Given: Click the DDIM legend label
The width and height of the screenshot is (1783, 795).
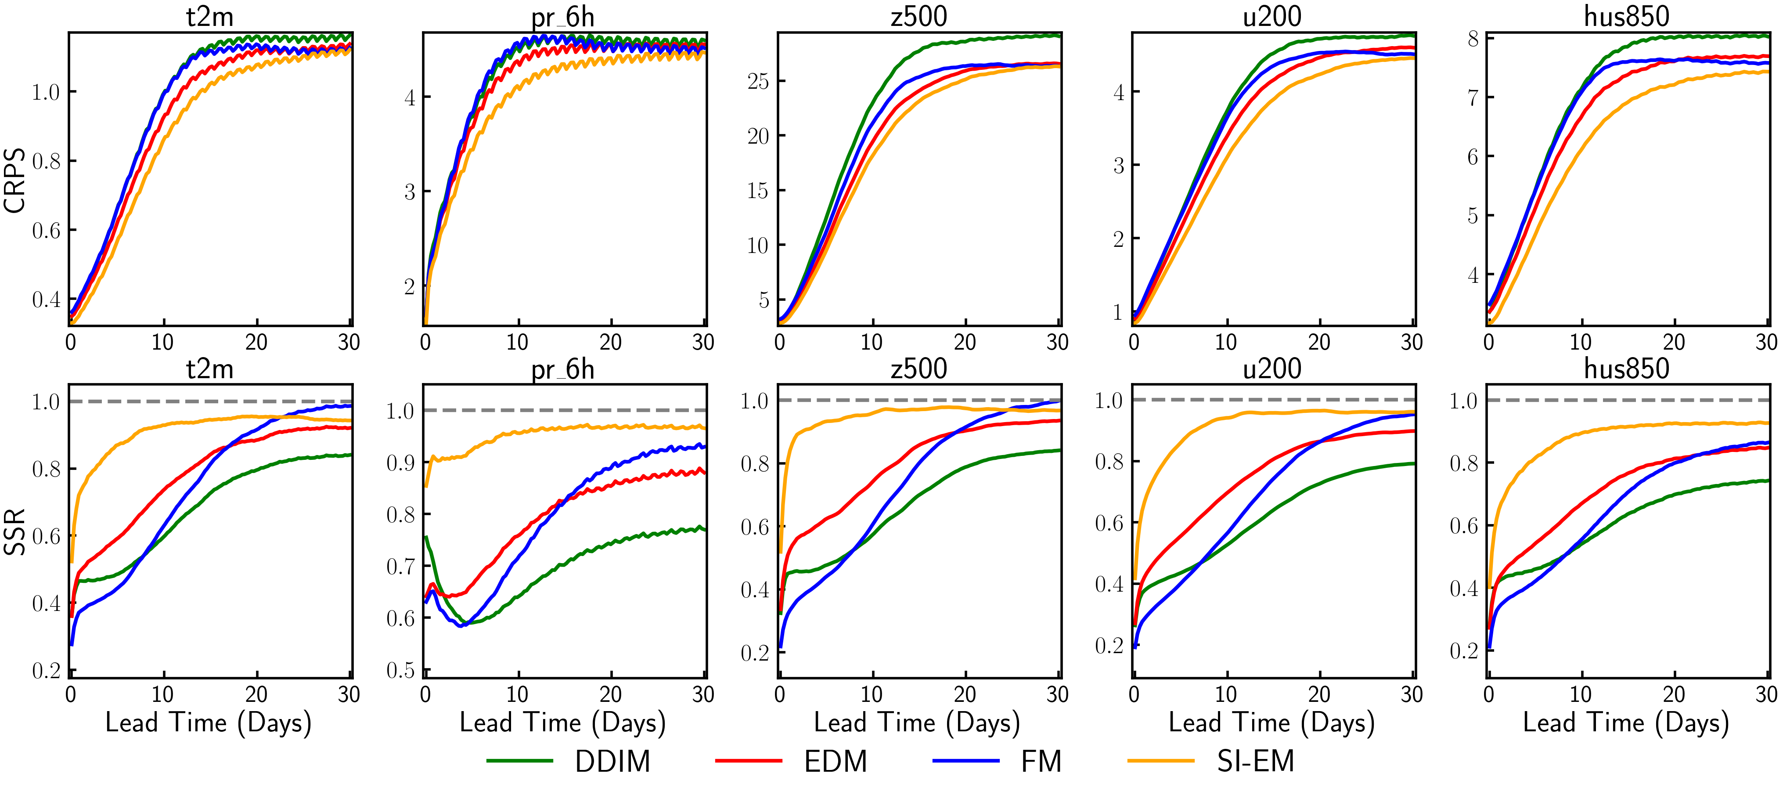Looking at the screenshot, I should [612, 762].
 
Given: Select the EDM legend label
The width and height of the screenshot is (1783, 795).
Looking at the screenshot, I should [836, 762].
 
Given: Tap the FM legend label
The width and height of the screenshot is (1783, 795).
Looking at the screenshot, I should [1041, 762].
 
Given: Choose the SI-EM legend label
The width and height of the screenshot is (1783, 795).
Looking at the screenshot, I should [1256, 762].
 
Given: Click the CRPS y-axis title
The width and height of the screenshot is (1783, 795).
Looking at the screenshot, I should [15, 180].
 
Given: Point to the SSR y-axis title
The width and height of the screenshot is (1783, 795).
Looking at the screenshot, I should [15, 532].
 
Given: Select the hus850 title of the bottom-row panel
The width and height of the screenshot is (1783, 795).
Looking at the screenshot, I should [1627, 369].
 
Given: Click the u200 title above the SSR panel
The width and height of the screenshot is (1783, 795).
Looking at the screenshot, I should [1272, 369].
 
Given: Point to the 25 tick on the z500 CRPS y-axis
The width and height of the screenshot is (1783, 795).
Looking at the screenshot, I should [758, 82].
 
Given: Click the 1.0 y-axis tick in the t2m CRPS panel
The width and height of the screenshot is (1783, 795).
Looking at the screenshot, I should [46, 92].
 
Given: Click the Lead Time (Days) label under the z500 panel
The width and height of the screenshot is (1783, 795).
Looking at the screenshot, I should [917, 723].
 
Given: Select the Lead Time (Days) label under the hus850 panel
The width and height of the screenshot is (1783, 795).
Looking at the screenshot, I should [1626, 723].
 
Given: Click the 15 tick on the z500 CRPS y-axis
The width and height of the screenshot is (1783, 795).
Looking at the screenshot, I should [758, 191].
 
